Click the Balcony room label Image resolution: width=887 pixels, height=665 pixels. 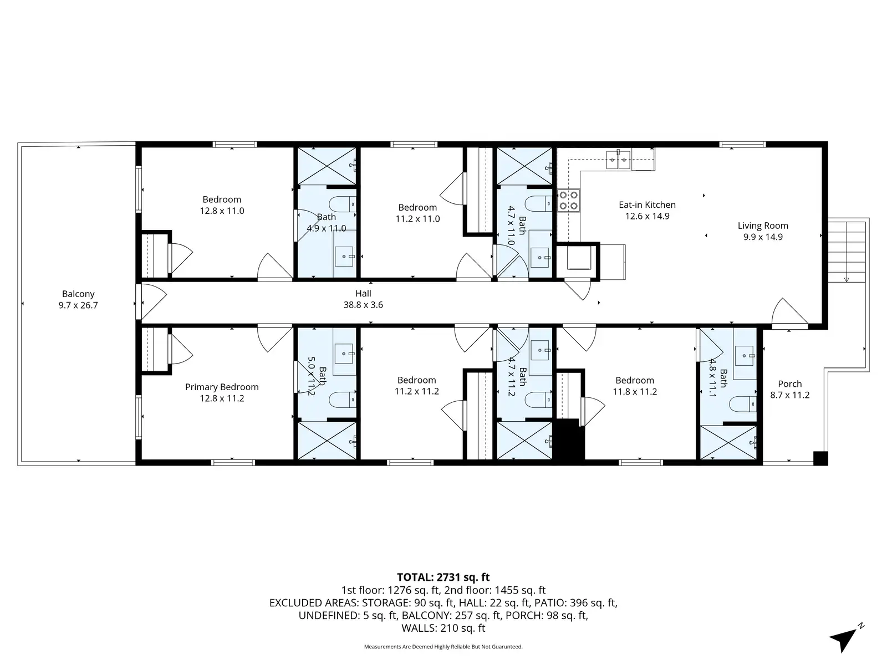(x=78, y=299)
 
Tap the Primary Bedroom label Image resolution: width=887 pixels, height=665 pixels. (x=222, y=392)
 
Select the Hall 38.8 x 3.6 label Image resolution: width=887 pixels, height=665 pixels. (x=363, y=299)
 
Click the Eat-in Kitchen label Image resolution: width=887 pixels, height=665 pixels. (x=647, y=210)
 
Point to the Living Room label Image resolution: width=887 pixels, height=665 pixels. (x=763, y=231)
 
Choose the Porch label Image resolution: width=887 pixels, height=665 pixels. (x=789, y=389)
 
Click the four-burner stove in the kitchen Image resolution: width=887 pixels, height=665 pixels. (x=568, y=201)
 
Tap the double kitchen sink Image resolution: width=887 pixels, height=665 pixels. (x=618, y=160)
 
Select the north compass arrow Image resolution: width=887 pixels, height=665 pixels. (x=845, y=638)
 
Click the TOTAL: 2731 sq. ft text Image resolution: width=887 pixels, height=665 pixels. (x=443, y=577)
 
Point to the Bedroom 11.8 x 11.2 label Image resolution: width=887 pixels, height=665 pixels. (x=634, y=386)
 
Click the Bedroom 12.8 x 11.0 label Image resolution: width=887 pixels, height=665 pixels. (x=222, y=204)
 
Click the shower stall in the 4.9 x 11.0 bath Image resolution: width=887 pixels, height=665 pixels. (x=327, y=166)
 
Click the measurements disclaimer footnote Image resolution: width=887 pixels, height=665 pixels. (x=443, y=646)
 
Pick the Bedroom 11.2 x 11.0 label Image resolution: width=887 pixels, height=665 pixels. (x=417, y=213)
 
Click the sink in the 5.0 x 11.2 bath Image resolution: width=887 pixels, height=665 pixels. (x=344, y=354)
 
